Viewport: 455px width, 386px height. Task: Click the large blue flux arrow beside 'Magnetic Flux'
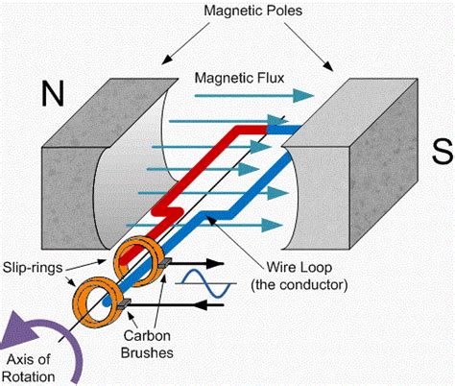click(x=288, y=94)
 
